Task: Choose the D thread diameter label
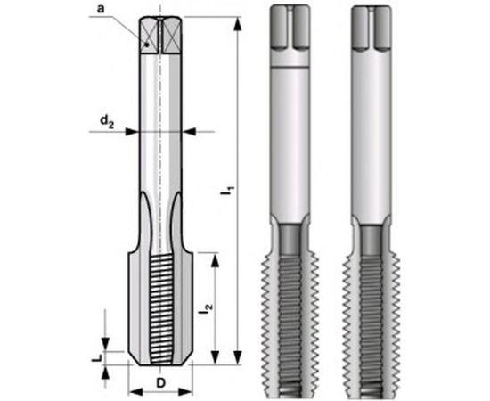point(160,381)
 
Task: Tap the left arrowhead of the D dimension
point(133,391)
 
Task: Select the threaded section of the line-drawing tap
point(160,303)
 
